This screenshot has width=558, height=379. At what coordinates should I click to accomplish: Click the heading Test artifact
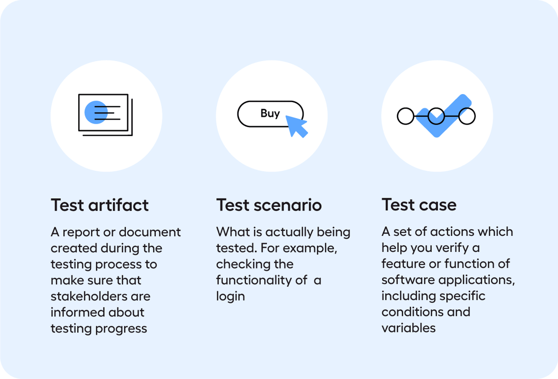(x=100, y=205)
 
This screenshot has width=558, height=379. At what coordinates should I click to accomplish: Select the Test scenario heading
(x=269, y=205)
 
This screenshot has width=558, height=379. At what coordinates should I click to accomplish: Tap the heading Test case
(x=419, y=205)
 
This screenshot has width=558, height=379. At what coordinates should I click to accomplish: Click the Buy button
(x=270, y=114)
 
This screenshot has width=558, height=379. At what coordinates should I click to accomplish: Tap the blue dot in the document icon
(x=96, y=112)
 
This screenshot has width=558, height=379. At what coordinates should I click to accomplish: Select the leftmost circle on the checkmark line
(x=405, y=116)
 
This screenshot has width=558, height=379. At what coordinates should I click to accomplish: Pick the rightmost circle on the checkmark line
(x=467, y=116)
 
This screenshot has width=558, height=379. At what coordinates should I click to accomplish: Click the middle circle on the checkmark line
(x=436, y=116)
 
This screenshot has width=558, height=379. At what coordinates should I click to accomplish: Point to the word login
(x=230, y=296)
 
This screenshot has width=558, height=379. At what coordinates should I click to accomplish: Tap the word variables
(x=408, y=328)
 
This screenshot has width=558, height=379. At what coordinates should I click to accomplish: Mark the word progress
(x=123, y=328)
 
